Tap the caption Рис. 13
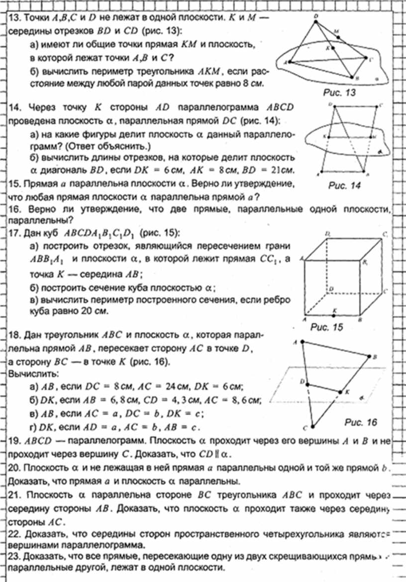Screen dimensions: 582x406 tap(340, 93)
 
